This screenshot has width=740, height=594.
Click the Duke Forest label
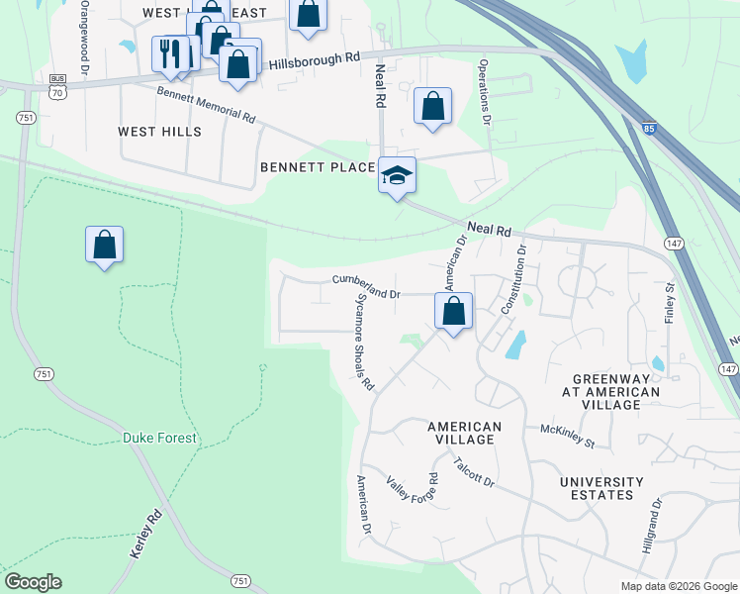pos(159,438)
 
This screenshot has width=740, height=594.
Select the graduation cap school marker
pos(397,176)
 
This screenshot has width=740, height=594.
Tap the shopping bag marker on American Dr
pos(453,311)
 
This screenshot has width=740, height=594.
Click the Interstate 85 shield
pos(647,129)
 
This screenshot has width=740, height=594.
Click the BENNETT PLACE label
pos(318,167)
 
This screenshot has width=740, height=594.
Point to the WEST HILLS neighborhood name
pos(159,132)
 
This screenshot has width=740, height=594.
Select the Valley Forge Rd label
pos(412,500)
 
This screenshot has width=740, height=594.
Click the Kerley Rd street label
pos(145,536)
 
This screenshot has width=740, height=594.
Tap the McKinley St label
pos(567,437)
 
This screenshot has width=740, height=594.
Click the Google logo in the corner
pos(33,582)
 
